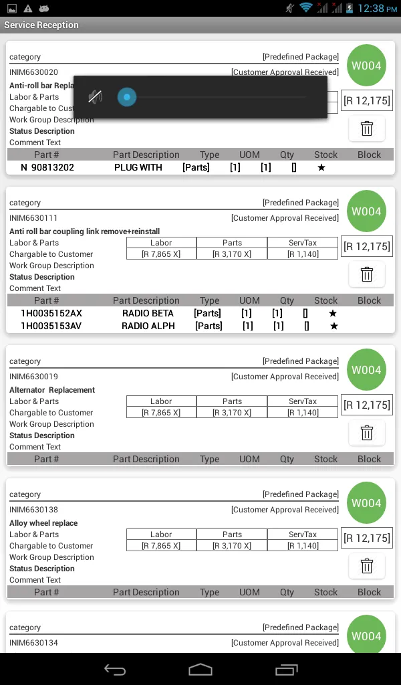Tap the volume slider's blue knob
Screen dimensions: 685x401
(x=126, y=98)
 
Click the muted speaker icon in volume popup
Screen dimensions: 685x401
(x=95, y=98)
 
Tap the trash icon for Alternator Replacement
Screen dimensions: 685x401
(x=366, y=433)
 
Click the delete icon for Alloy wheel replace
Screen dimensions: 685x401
(x=366, y=566)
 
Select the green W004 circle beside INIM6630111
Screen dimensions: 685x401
(x=366, y=211)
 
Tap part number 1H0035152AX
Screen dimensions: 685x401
(x=51, y=313)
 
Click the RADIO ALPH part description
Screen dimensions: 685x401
(x=148, y=326)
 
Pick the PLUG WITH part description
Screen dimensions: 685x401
(x=138, y=167)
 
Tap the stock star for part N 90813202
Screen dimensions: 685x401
(x=321, y=167)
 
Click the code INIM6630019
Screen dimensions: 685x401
(x=34, y=377)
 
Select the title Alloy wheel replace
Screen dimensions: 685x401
(x=43, y=523)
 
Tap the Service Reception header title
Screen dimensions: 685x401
(x=41, y=25)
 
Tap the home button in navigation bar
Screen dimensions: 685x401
(x=200, y=669)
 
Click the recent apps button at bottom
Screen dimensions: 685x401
(x=286, y=669)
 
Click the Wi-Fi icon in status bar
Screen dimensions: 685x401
(x=306, y=8)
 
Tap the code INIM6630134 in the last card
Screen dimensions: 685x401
(x=34, y=643)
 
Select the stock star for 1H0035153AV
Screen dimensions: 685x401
(x=334, y=326)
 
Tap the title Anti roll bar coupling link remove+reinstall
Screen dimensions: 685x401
(x=85, y=231)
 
